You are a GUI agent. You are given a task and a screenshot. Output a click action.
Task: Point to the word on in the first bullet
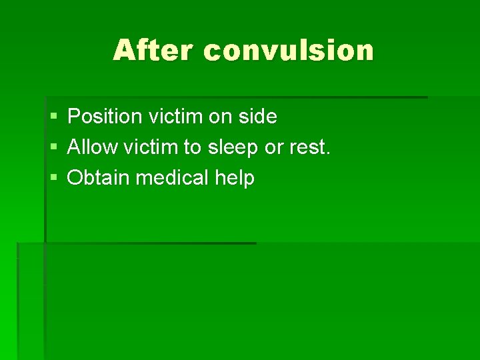point(219,117)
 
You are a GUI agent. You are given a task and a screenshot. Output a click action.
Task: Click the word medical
point(173,178)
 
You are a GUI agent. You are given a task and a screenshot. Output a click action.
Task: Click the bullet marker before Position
point(53,117)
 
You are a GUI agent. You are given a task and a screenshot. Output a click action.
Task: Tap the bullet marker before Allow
point(53,148)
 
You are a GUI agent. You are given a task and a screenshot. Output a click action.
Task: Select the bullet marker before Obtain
point(53,179)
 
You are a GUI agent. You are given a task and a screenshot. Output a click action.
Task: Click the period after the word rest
point(327,153)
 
